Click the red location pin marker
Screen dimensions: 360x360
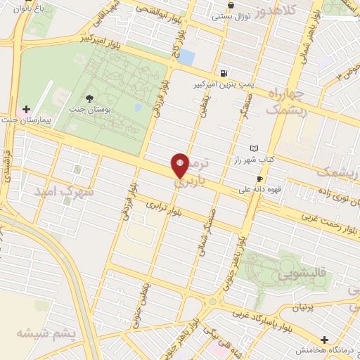point(180,165)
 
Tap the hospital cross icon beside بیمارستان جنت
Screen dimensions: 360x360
point(27,110)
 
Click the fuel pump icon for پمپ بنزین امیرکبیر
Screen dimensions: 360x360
point(224,73)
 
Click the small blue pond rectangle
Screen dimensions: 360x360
point(186,57)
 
